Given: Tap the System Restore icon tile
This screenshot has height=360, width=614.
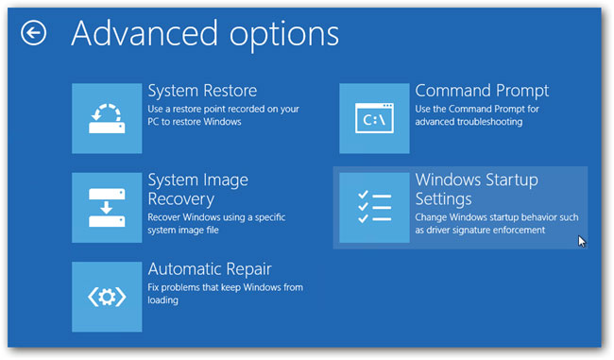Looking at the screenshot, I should pyautogui.click(x=107, y=118).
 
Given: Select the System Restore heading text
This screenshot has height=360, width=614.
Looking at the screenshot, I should pyautogui.click(x=202, y=92).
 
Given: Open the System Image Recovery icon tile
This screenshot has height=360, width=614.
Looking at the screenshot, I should pyautogui.click(x=107, y=207).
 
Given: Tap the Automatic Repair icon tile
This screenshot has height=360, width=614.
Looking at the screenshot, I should pyautogui.click(x=107, y=297).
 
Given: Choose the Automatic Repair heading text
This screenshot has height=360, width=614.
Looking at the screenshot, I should pyautogui.click(x=210, y=269).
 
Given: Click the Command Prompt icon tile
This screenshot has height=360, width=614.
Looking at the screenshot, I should pyautogui.click(x=374, y=118).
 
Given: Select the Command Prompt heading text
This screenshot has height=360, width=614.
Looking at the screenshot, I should pyautogui.click(x=482, y=92).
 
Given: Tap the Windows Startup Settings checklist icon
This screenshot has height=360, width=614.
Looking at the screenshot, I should pyautogui.click(x=374, y=208).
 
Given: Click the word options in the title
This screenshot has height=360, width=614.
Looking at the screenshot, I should pyautogui.click(x=275, y=34).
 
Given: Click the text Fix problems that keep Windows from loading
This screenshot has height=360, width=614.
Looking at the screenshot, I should pyautogui.click(x=222, y=294).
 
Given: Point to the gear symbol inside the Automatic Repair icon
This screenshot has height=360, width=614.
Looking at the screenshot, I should pyautogui.click(x=107, y=297).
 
